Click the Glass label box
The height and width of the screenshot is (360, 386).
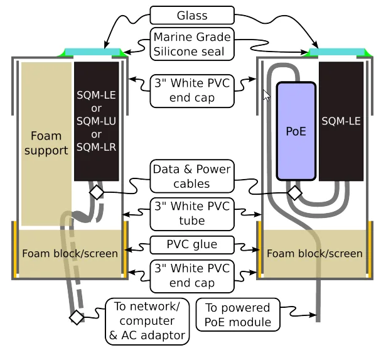192,15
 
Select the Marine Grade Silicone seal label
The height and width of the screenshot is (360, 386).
192,44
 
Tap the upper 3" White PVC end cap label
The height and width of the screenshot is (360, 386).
192,90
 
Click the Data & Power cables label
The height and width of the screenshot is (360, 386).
192,177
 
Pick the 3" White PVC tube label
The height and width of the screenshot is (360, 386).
192,213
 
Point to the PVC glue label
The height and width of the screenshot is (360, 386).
192,244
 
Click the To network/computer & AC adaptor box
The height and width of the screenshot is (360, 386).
147,321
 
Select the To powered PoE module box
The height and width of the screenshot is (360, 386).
238,315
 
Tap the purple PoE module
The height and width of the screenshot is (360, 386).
296,131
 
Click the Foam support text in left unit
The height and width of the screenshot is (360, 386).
46,143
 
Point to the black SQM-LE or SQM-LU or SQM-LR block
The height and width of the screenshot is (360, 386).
97,121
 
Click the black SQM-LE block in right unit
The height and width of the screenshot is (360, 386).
341,121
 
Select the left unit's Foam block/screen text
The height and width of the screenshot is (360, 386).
70,253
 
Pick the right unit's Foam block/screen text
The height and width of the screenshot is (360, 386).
314,253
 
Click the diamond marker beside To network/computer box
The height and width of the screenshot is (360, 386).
77,317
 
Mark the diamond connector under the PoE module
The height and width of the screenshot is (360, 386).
294,192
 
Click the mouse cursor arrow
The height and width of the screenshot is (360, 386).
266,95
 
